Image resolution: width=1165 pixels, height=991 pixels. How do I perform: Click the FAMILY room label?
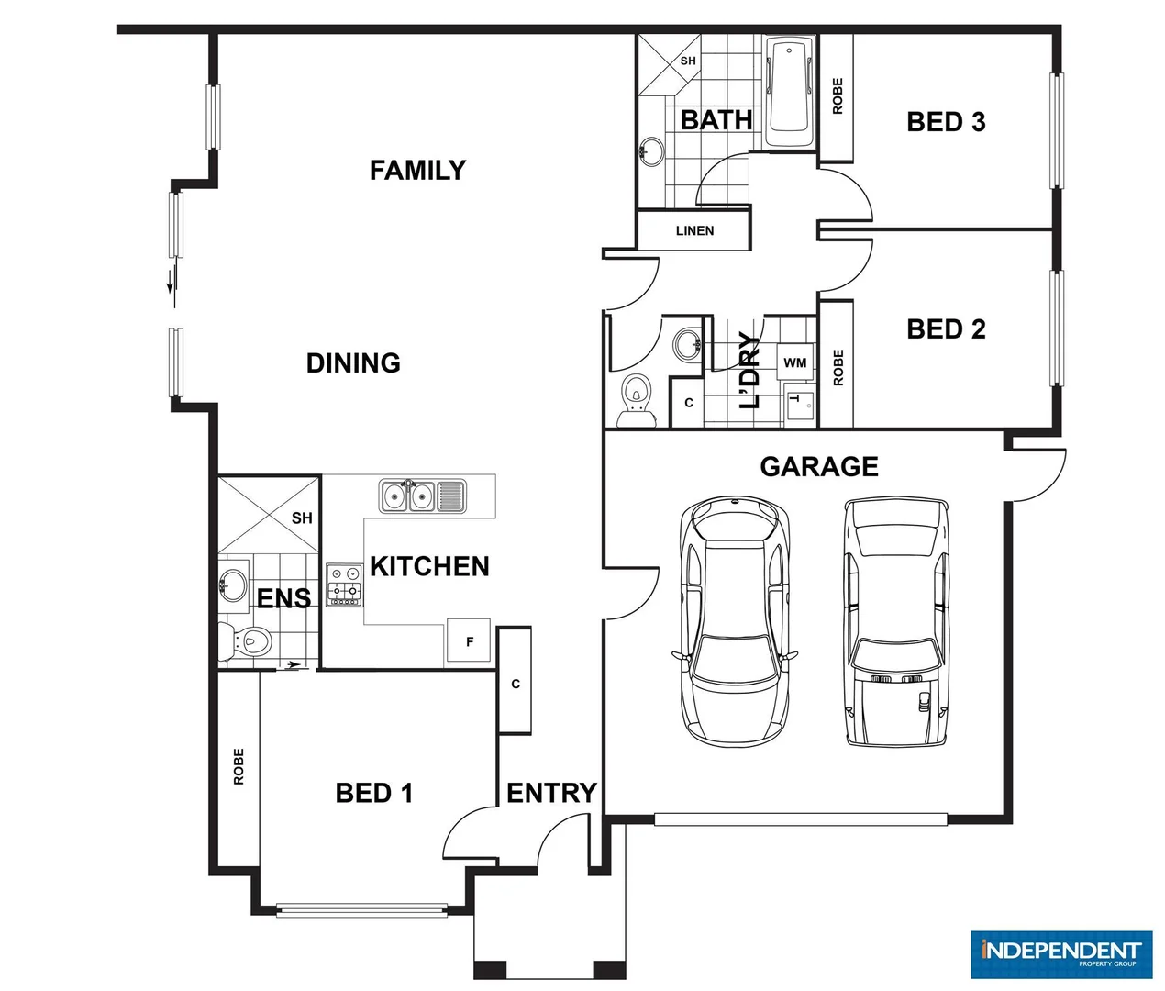coord(417,171)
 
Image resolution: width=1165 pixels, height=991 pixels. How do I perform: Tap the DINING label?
coord(353,363)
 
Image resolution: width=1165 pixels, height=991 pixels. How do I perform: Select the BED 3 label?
coord(946,122)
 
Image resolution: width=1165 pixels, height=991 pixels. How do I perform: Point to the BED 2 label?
coord(946,329)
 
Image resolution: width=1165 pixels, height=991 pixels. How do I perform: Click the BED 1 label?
coord(374,793)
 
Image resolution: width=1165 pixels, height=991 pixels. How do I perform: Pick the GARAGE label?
coord(819,467)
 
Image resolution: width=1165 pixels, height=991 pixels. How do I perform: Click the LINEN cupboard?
coord(694,230)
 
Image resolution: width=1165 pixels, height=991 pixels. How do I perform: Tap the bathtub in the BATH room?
coord(790,92)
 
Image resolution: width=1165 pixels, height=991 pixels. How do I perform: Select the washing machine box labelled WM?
coord(795,362)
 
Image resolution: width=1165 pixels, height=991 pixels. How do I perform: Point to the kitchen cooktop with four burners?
coord(345,585)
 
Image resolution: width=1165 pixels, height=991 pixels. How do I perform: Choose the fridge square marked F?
coord(470,641)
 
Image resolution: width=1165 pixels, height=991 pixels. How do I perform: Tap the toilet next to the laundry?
coord(635,401)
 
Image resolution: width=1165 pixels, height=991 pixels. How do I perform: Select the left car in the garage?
coord(735,620)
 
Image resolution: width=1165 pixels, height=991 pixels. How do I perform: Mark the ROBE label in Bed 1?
coord(239,766)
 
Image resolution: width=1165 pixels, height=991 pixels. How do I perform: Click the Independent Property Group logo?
coord(1060,954)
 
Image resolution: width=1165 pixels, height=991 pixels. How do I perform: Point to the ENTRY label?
coord(551,793)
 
